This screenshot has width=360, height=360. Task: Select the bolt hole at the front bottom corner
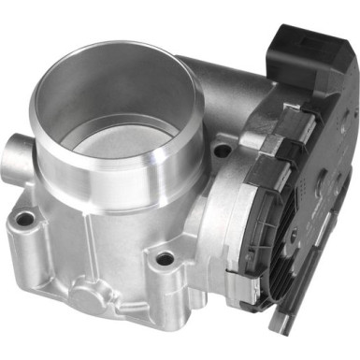pos(166,259)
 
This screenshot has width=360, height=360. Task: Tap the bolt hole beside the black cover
pos(223,151)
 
